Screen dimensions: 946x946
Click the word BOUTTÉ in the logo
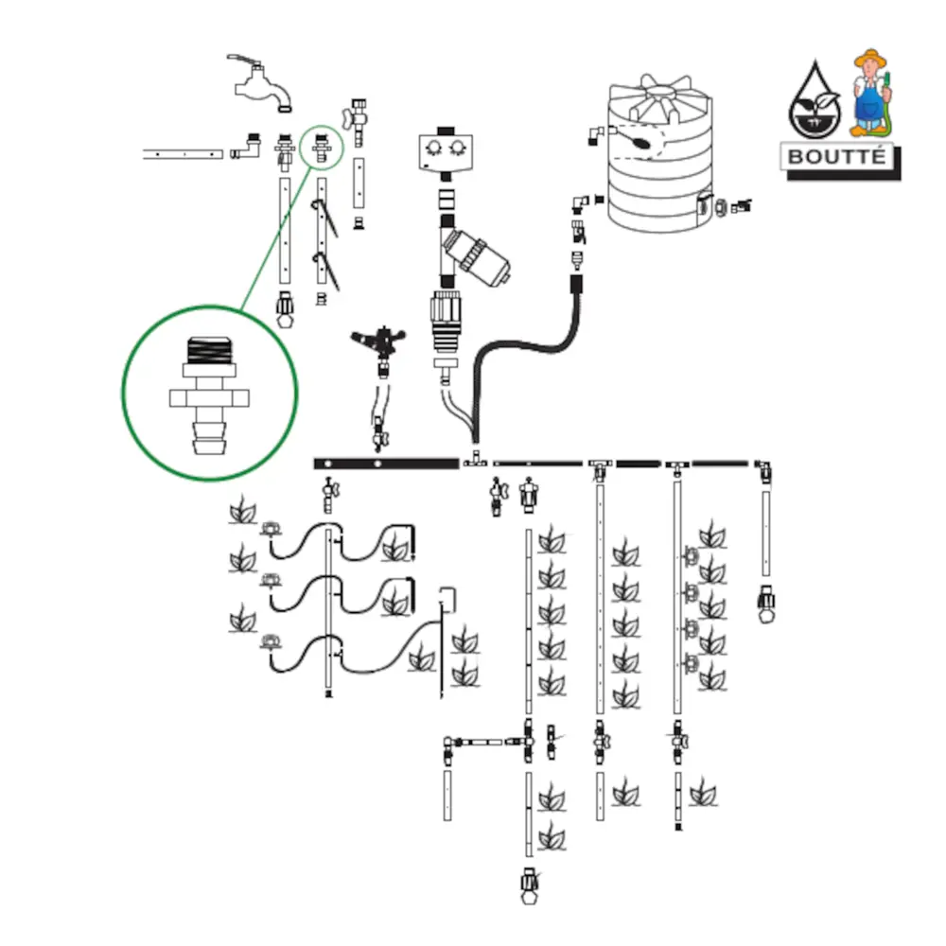pyautogui.click(x=838, y=156)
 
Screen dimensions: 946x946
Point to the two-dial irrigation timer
pyautogui.click(x=445, y=150)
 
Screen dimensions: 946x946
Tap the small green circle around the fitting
pyautogui.click(x=323, y=148)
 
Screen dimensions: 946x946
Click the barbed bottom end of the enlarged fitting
pyautogui.click(x=210, y=440)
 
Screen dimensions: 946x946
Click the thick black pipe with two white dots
pyautogui.click(x=386, y=463)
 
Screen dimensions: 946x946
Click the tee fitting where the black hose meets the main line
pyautogui.click(x=475, y=461)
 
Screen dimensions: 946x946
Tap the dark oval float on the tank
pyautogui.click(x=640, y=143)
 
